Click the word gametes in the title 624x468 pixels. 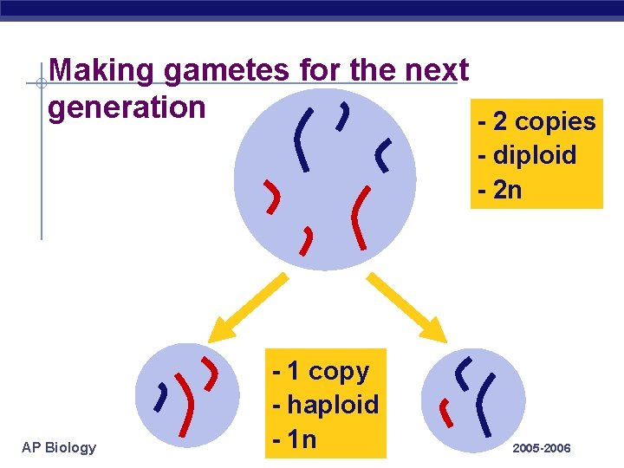pos(228,69)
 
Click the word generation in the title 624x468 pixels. pos(127,107)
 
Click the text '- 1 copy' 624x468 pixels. pos(320,371)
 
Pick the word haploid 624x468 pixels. pos(333,404)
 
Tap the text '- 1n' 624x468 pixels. pos(295,438)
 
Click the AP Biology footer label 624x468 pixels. pos(59,447)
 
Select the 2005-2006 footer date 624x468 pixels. pos(542,448)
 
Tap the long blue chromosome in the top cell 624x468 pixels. pos(301,139)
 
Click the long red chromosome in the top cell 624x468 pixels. pos(359,217)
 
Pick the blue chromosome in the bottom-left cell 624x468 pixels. pos(161,396)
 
